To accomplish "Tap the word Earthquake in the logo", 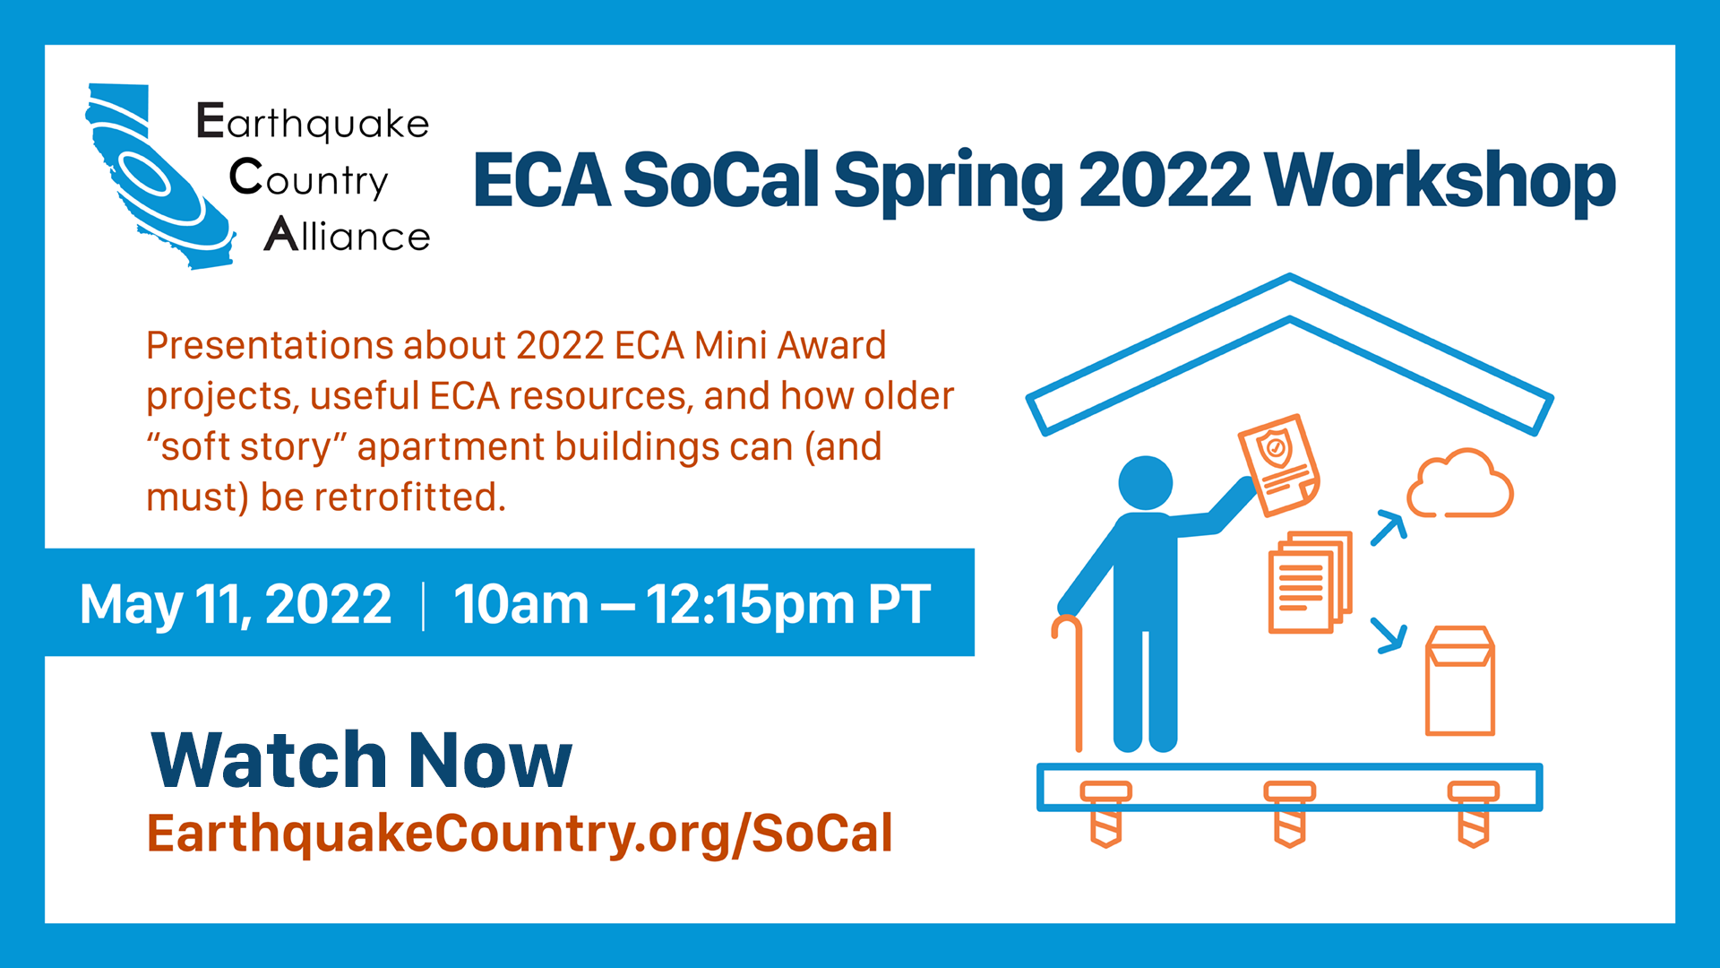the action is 313,122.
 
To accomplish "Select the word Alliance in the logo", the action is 348,234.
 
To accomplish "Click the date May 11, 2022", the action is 236,603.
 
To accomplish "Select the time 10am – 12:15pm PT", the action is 692,603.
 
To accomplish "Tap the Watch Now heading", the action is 361,760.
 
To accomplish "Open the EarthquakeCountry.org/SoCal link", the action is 520,834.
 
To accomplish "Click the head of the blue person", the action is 1146,483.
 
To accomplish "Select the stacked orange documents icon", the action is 1310,581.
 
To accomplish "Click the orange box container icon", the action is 1460,680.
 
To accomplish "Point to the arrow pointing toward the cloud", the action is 1389,528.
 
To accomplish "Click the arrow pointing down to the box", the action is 1389,635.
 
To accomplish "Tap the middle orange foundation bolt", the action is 1290,813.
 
